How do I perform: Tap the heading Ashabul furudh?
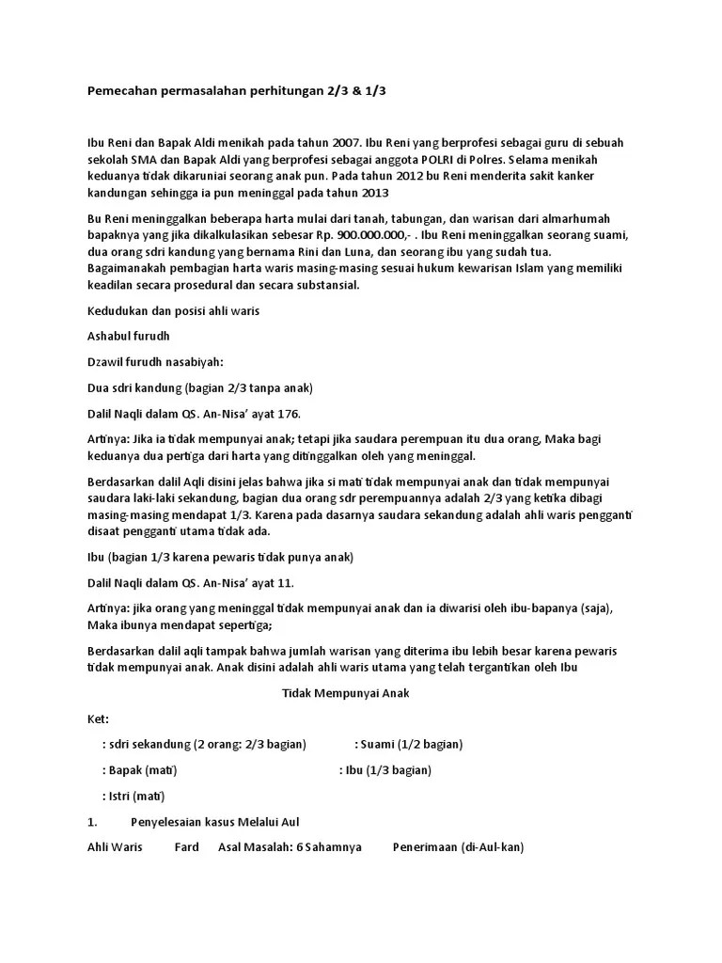click(x=129, y=336)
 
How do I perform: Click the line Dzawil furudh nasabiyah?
click(x=155, y=361)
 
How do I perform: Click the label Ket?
click(x=98, y=718)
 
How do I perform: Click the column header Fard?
click(x=187, y=846)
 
